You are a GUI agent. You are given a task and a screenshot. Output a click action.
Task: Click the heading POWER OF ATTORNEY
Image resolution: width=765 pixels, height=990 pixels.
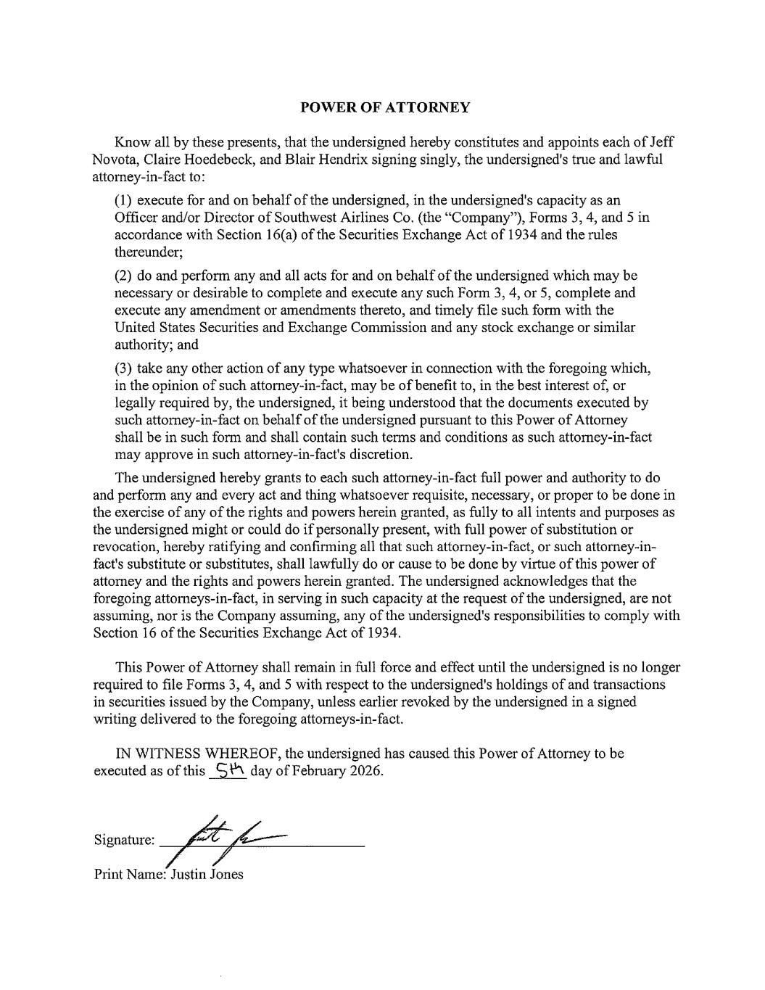[385, 108]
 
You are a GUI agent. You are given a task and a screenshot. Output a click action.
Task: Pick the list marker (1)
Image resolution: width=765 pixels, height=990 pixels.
[124, 200]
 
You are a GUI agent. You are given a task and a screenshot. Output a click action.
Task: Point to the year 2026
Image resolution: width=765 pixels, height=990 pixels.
[365, 771]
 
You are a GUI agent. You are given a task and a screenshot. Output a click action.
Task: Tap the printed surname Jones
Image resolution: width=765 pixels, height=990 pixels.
[226, 875]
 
